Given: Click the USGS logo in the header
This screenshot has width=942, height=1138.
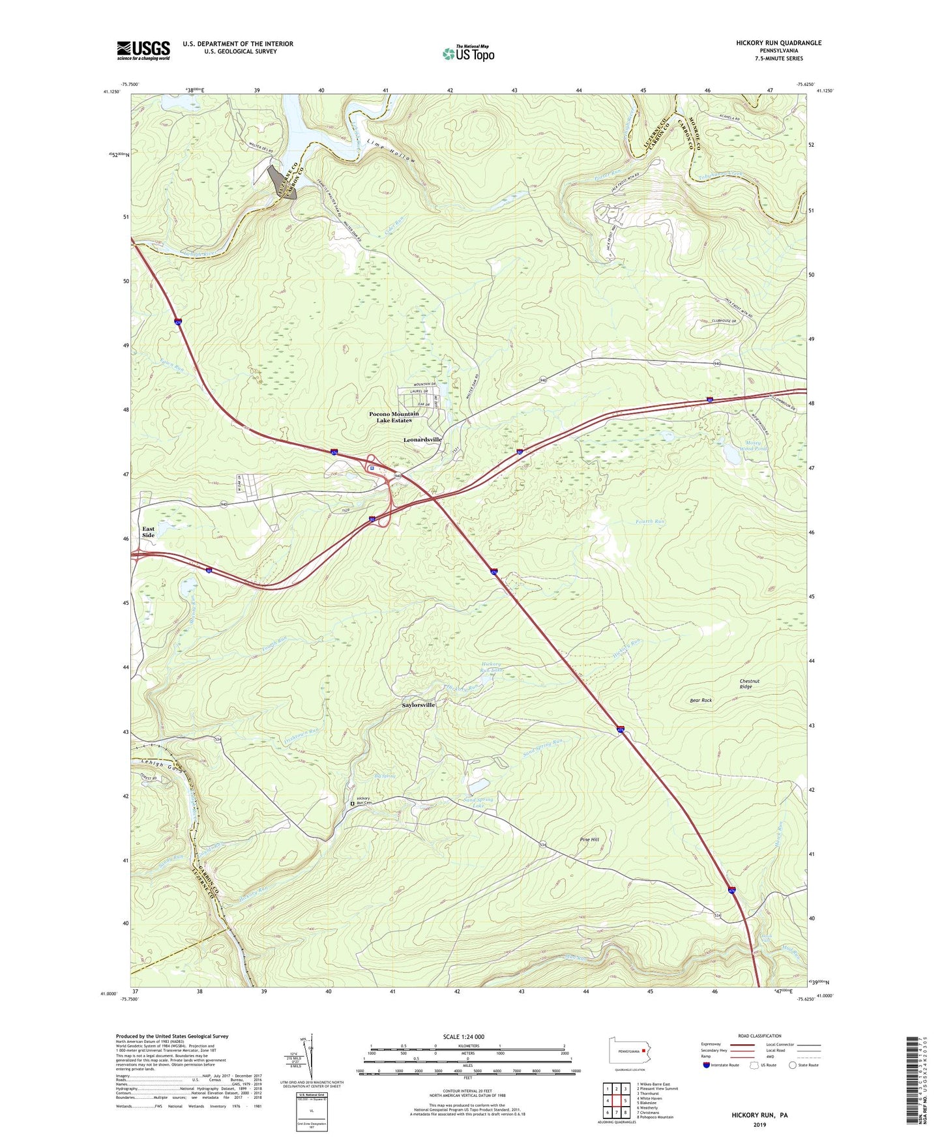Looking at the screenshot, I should [143, 50].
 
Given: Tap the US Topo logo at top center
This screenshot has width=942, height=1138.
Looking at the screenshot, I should [468, 53].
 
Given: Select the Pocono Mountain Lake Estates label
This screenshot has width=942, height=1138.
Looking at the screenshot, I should [394, 417].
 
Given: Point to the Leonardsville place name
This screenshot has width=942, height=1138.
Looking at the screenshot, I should [422, 440].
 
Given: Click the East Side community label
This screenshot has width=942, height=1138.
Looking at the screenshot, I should [149, 532].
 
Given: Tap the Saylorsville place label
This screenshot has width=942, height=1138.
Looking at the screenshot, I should [418, 705].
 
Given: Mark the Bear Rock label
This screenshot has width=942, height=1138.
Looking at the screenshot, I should [701, 701].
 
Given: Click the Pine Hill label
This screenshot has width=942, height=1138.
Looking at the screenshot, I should [589, 839].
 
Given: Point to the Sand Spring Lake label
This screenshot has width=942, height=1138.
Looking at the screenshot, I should [478, 802].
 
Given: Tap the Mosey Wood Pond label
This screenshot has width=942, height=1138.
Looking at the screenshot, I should [756, 446].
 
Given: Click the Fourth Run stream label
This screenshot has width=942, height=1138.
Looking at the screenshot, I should [649, 521].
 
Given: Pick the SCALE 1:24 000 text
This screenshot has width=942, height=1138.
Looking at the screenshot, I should [464, 1036].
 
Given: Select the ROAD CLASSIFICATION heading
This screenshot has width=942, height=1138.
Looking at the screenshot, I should [759, 1036].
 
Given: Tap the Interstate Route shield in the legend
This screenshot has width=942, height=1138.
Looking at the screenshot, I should [708, 1065].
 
